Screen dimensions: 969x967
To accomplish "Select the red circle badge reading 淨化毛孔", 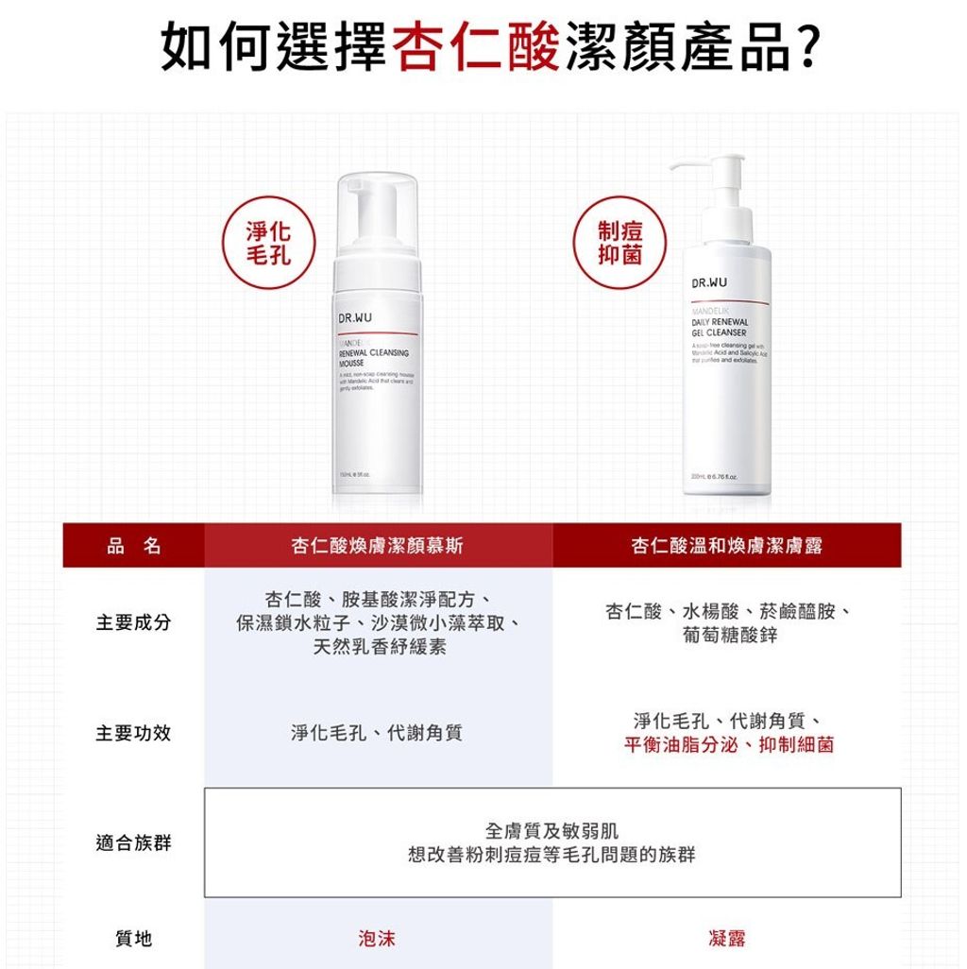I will point(267,244).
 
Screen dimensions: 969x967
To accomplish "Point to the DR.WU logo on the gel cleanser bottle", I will point(710,283).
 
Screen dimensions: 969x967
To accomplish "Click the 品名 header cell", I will point(133,545).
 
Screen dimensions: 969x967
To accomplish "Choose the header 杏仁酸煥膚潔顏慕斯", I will point(378,545).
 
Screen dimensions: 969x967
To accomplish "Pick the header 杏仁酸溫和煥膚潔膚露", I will point(727,545).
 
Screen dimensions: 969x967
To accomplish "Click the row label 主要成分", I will point(133,623).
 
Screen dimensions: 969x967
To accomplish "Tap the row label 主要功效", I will point(133,733).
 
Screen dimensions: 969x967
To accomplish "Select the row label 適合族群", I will point(133,842).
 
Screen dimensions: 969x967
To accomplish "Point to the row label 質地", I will point(133,938).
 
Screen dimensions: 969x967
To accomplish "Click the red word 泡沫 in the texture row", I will point(378,938).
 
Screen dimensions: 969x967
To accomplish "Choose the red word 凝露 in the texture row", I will point(727,938).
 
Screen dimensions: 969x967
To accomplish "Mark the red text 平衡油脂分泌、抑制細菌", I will point(729,745).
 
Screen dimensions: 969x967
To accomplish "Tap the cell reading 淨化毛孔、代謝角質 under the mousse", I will point(378,733).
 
